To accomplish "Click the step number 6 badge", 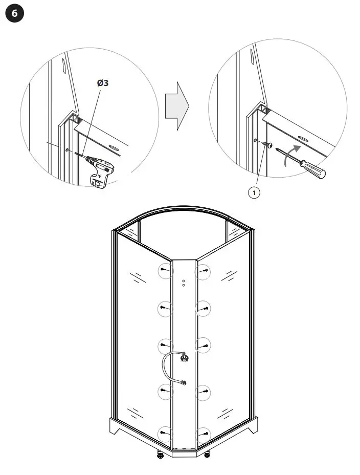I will tap(14, 14).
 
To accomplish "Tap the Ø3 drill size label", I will tap(102, 82).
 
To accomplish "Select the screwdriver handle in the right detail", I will tap(313, 169).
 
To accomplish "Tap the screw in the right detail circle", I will tap(266, 145).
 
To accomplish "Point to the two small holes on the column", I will tap(184, 283).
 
